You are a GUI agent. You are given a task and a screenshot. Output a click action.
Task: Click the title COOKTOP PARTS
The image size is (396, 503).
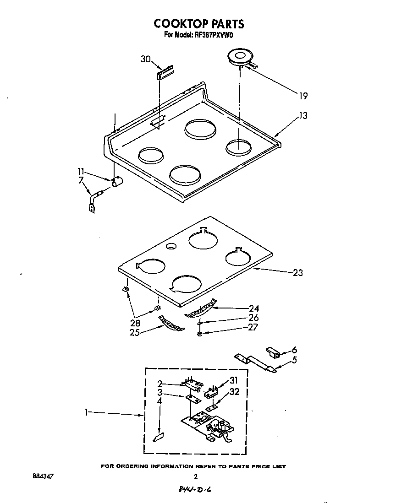(198, 24)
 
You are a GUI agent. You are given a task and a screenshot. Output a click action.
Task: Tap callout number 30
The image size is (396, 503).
(146, 59)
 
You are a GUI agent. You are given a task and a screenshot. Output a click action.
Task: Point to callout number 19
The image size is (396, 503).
(302, 96)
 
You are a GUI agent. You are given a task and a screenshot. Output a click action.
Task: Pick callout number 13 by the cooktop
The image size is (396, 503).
(303, 115)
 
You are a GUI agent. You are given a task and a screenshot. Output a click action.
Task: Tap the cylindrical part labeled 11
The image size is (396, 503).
(117, 182)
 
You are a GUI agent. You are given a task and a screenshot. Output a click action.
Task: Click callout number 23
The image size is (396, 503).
(298, 273)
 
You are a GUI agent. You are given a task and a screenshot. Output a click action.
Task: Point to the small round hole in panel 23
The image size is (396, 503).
(171, 247)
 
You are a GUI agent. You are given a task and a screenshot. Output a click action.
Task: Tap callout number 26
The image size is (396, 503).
(253, 318)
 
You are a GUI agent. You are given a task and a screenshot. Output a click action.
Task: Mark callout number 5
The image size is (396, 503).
(294, 360)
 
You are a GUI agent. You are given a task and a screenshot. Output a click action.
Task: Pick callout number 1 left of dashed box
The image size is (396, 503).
(87, 413)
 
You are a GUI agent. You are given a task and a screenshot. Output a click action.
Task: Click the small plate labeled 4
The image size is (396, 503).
(158, 438)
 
